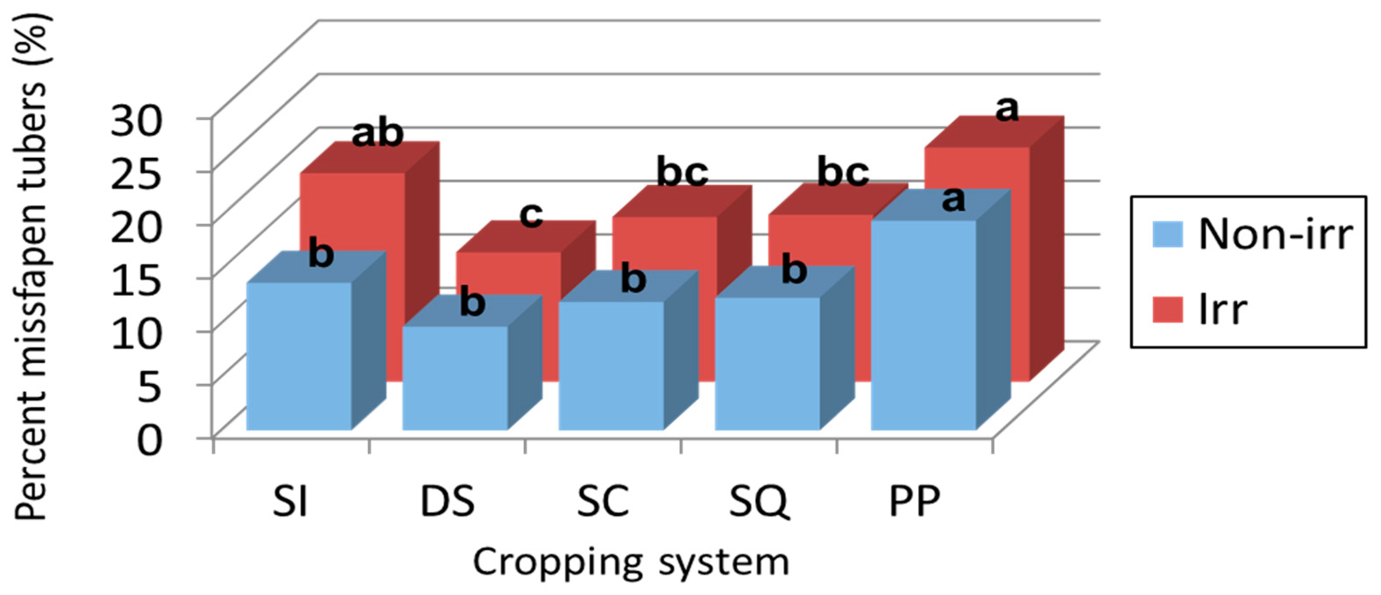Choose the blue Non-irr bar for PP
click(923, 324)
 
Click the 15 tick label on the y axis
click(134, 279)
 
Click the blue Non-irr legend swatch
click(1168, 235)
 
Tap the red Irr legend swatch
click(1168, 310)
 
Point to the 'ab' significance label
click(377, 134)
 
